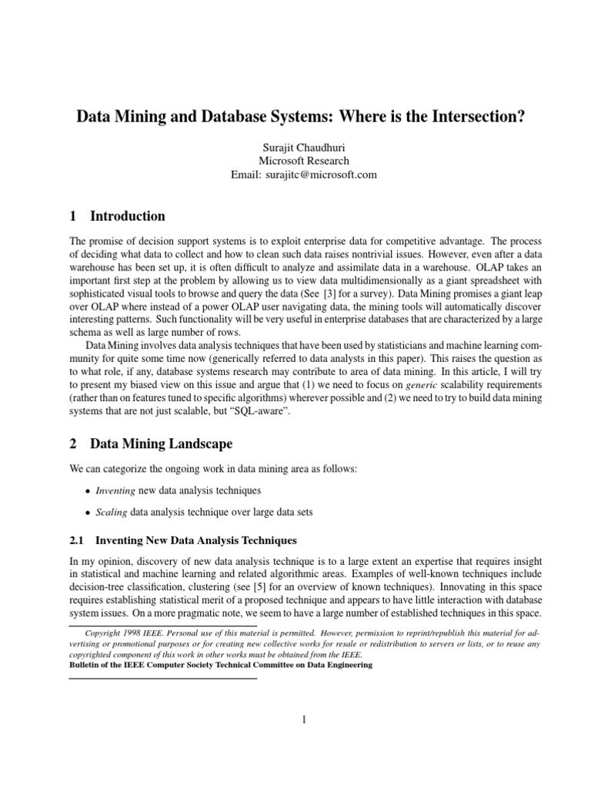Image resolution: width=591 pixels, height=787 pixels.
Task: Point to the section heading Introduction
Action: click(127, 216)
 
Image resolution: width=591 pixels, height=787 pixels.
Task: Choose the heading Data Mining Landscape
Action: click(161, 443)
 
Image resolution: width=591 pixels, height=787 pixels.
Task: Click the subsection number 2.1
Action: click(79, 540)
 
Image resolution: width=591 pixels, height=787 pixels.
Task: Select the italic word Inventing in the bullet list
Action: click(115, 490)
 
